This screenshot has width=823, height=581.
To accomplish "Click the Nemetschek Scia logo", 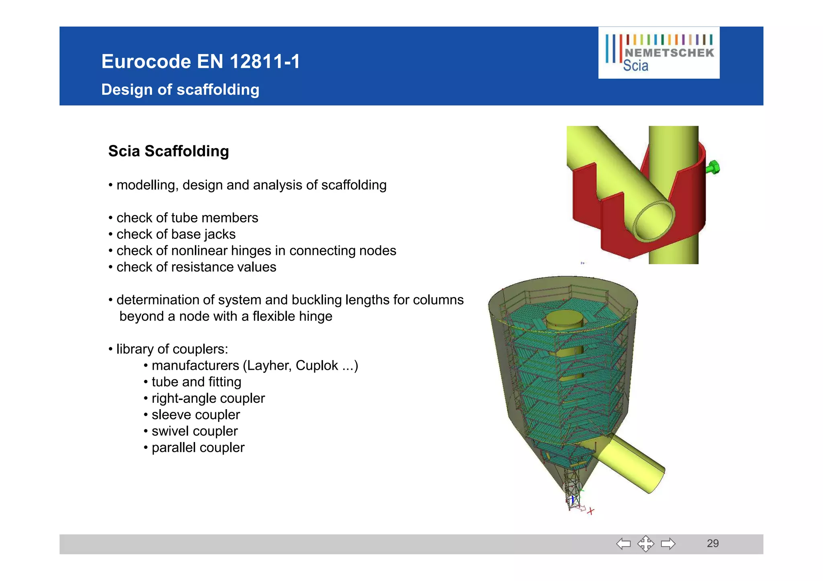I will click(659, 53).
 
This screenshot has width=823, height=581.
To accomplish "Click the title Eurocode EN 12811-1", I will click(201, 61).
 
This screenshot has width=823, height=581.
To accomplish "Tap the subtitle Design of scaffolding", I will click(180, 90).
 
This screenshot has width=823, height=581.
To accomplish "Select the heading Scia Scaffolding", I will click(168, 151).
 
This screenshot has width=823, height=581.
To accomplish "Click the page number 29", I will click(712, 543).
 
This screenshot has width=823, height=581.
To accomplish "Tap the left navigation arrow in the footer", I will click(623, 544).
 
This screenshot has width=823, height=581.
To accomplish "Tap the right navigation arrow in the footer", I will click(668, 544).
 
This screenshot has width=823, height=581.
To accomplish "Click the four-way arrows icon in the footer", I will click(645, 544).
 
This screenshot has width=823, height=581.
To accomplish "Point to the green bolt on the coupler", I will click(713, 167).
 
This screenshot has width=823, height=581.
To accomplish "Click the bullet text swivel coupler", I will click(194, 431).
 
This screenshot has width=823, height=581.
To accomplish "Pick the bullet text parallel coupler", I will click(198, 447).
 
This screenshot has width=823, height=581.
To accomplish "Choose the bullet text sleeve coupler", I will click(196, 414).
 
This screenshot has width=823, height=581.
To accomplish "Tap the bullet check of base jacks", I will click(176, 234).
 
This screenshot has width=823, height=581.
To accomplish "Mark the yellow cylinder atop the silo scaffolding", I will click(564, 321).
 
